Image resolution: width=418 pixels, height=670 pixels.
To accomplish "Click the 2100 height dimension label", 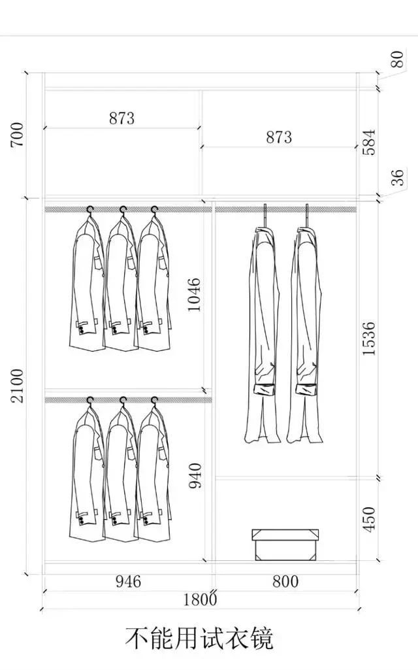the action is click(x=18, y=386).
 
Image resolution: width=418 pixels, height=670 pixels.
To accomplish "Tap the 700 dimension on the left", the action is click(x=18, y=135).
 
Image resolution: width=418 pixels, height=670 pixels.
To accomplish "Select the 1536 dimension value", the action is click(x=368, y=338).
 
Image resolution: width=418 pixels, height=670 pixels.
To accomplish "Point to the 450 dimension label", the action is click(x=368, y=519).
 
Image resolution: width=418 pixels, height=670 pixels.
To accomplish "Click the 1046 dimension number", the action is click(x=194, y=295).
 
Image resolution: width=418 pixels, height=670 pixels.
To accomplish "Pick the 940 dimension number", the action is click(x=195, y=476).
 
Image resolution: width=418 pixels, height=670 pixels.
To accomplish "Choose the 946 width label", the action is click(x=128, y=582).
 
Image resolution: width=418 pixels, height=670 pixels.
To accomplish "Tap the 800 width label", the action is click(x=285, y=582).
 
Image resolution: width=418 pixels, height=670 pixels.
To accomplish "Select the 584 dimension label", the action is click(x=368, y=142).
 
